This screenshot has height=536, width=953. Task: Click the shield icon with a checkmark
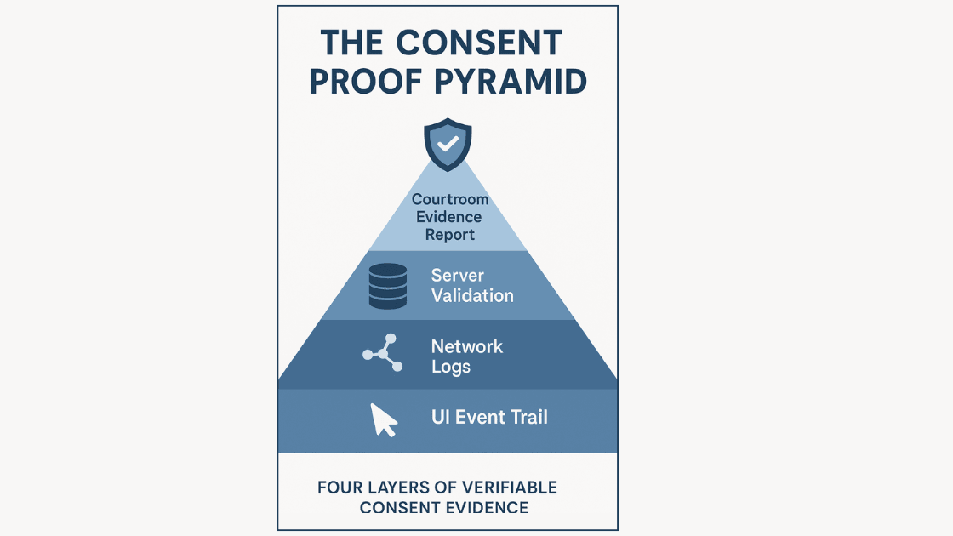[448, 145]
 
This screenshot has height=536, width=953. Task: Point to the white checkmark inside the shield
[448, 143]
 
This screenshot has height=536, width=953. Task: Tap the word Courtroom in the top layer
[450, 200]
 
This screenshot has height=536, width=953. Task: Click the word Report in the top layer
[450, 234]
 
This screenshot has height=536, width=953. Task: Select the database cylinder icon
[388, 286]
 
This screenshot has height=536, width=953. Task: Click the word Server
[458, 276]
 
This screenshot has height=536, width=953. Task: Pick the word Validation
[472, 296]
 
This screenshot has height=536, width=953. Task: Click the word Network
[467, 346]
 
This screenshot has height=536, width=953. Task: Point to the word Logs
[451, 367]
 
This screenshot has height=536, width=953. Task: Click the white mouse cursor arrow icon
[384, 419]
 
